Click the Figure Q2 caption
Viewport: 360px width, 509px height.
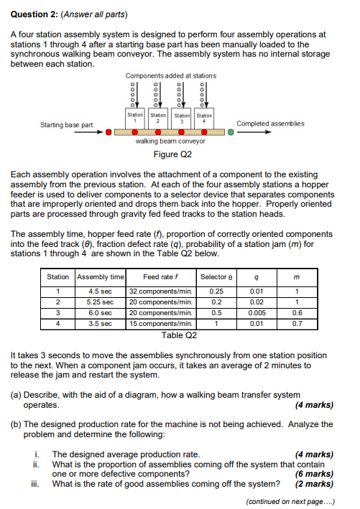click(x=173, y=154)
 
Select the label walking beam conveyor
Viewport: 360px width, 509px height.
click(x=170, y=141)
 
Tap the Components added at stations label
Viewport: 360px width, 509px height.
click(x=170, y=75)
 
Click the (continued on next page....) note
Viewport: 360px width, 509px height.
click(x=290, y=500)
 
